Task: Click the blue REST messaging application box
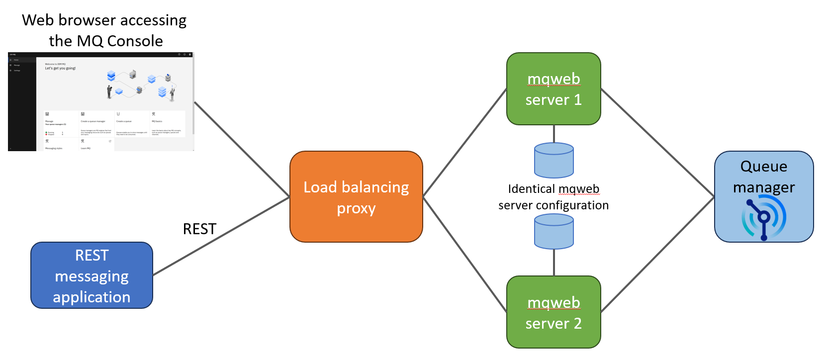[92, 275]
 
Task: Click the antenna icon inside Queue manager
[763, 218]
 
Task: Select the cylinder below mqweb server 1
[553, 160]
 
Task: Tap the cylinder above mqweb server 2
[553, 231]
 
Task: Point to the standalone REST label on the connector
[199, 229]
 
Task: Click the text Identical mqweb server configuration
[553, 197]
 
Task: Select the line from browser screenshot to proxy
[242, 149]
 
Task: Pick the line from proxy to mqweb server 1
[464, 143]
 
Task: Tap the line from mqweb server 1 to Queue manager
[657, 143]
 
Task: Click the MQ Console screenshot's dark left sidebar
[21, 104]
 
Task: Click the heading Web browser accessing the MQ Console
[104, 30]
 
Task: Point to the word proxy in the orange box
[356, 208]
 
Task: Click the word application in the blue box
[92, 297]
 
